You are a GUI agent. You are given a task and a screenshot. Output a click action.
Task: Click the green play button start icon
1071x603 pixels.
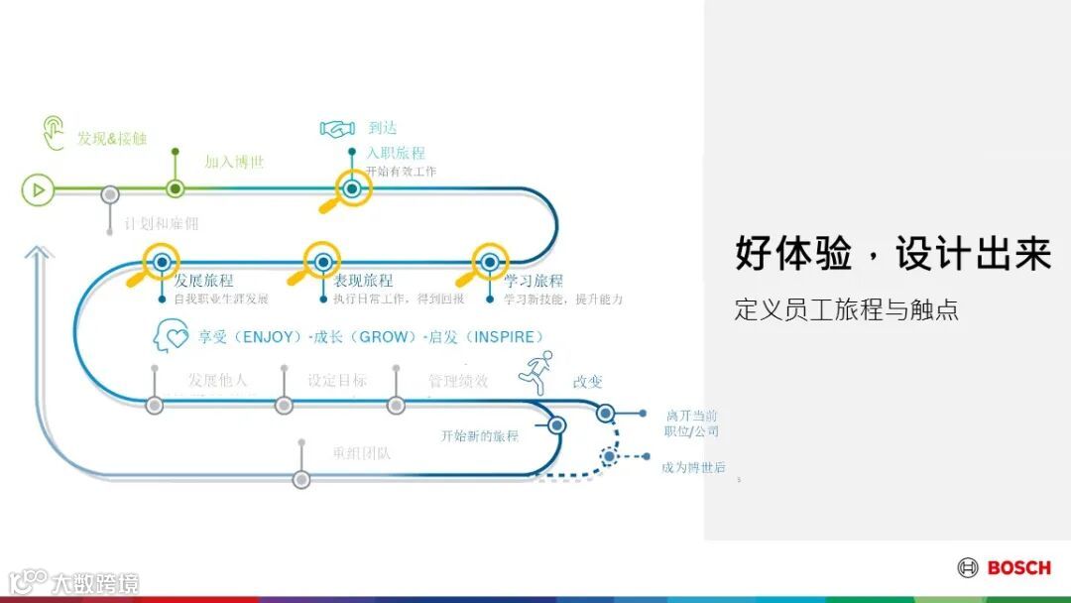pyautogui.click(x=38, y=188)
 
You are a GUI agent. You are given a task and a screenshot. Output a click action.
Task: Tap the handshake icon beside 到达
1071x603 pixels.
pyautogui.click(x=337, y=128)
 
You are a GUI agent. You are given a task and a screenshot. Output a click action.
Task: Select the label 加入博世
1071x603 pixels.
pyautogui.click(x=234, y=162)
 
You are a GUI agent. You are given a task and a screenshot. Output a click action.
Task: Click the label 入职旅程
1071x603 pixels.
pyautogui.click(x=396, y=153)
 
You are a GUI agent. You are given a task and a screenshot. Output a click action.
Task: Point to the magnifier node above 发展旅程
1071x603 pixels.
pyautogui.click(x=160, y=262)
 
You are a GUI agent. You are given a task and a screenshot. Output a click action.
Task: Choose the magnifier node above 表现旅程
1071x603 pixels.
pyautogui.click(x=322, y=262)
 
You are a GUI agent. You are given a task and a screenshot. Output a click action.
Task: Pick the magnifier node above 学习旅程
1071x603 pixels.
pyautogui.click(x=489, y=262)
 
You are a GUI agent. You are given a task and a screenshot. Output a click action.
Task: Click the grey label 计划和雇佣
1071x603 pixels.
pyautogui.click(x=162, y=224)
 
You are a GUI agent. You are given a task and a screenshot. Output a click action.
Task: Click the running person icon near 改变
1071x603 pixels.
pyautogui.click(x=535, y=372)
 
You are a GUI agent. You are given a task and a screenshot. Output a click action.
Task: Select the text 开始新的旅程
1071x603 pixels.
pyautogui.click(x=480, y=435)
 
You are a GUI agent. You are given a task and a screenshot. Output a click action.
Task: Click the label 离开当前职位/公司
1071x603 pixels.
pyautogui.click(x=691, y=423)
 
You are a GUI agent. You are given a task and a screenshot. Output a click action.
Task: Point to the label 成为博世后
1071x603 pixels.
pyautogui.click(x=693, y=467)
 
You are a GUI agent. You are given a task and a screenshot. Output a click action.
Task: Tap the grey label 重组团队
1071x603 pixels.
pyautogui.click(x=362, y=454)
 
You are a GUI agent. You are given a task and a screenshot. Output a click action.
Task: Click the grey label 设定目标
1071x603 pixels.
pyautogui.click(x=337, y=380)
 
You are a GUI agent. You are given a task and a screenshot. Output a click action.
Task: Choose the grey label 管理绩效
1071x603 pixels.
pyautogui.click(x=458, y=380)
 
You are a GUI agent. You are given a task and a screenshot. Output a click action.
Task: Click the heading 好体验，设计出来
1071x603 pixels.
pyautogui.click(x=892, y=253)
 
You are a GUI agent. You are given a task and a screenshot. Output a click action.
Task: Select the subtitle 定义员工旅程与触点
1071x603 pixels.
pyautogui.click(x=846, y=309)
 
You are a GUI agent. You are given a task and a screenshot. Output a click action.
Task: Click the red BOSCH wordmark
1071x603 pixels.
pyautogui.click(x=1018, y=567)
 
